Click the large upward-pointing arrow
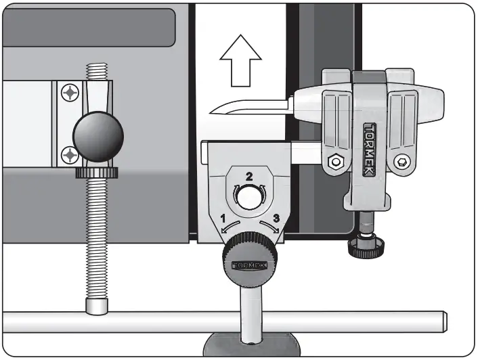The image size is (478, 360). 240,63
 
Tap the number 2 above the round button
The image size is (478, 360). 249,177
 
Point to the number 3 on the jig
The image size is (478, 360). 276,217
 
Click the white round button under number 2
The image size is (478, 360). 248,196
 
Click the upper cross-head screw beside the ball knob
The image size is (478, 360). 70,91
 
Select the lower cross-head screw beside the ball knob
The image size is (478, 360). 69,156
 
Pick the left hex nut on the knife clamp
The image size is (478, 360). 334,162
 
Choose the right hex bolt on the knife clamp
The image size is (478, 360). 403,161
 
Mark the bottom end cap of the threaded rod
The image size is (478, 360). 97,306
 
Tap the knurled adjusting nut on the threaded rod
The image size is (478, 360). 96,173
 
